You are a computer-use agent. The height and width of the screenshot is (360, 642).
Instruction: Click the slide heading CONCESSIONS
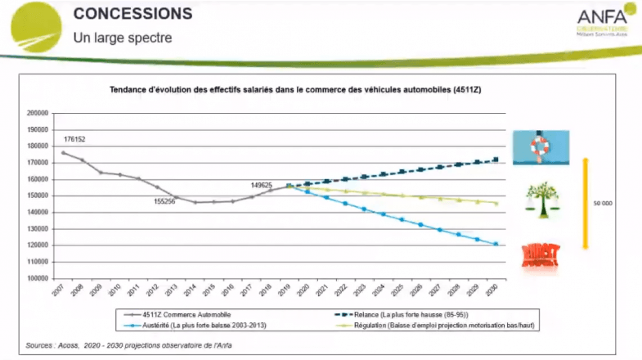[x=132, y=14]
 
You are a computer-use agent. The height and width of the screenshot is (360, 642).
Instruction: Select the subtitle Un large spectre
[x=123, y=37]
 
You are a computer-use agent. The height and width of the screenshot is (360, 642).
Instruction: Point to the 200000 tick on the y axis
[x=38, y=113]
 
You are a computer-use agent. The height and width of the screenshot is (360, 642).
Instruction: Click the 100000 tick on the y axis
[x=38, y=278]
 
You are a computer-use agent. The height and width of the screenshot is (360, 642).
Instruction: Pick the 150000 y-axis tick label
[x=38, y=196]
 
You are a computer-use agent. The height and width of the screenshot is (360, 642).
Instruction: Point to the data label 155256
[x=164, y=201]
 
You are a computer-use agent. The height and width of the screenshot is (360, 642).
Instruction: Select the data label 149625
[x=261, y=186]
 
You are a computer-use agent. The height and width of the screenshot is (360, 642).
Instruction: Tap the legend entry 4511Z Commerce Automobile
[x=182, y=314]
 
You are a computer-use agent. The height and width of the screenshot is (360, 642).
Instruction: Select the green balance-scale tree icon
[x=541, y=197]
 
